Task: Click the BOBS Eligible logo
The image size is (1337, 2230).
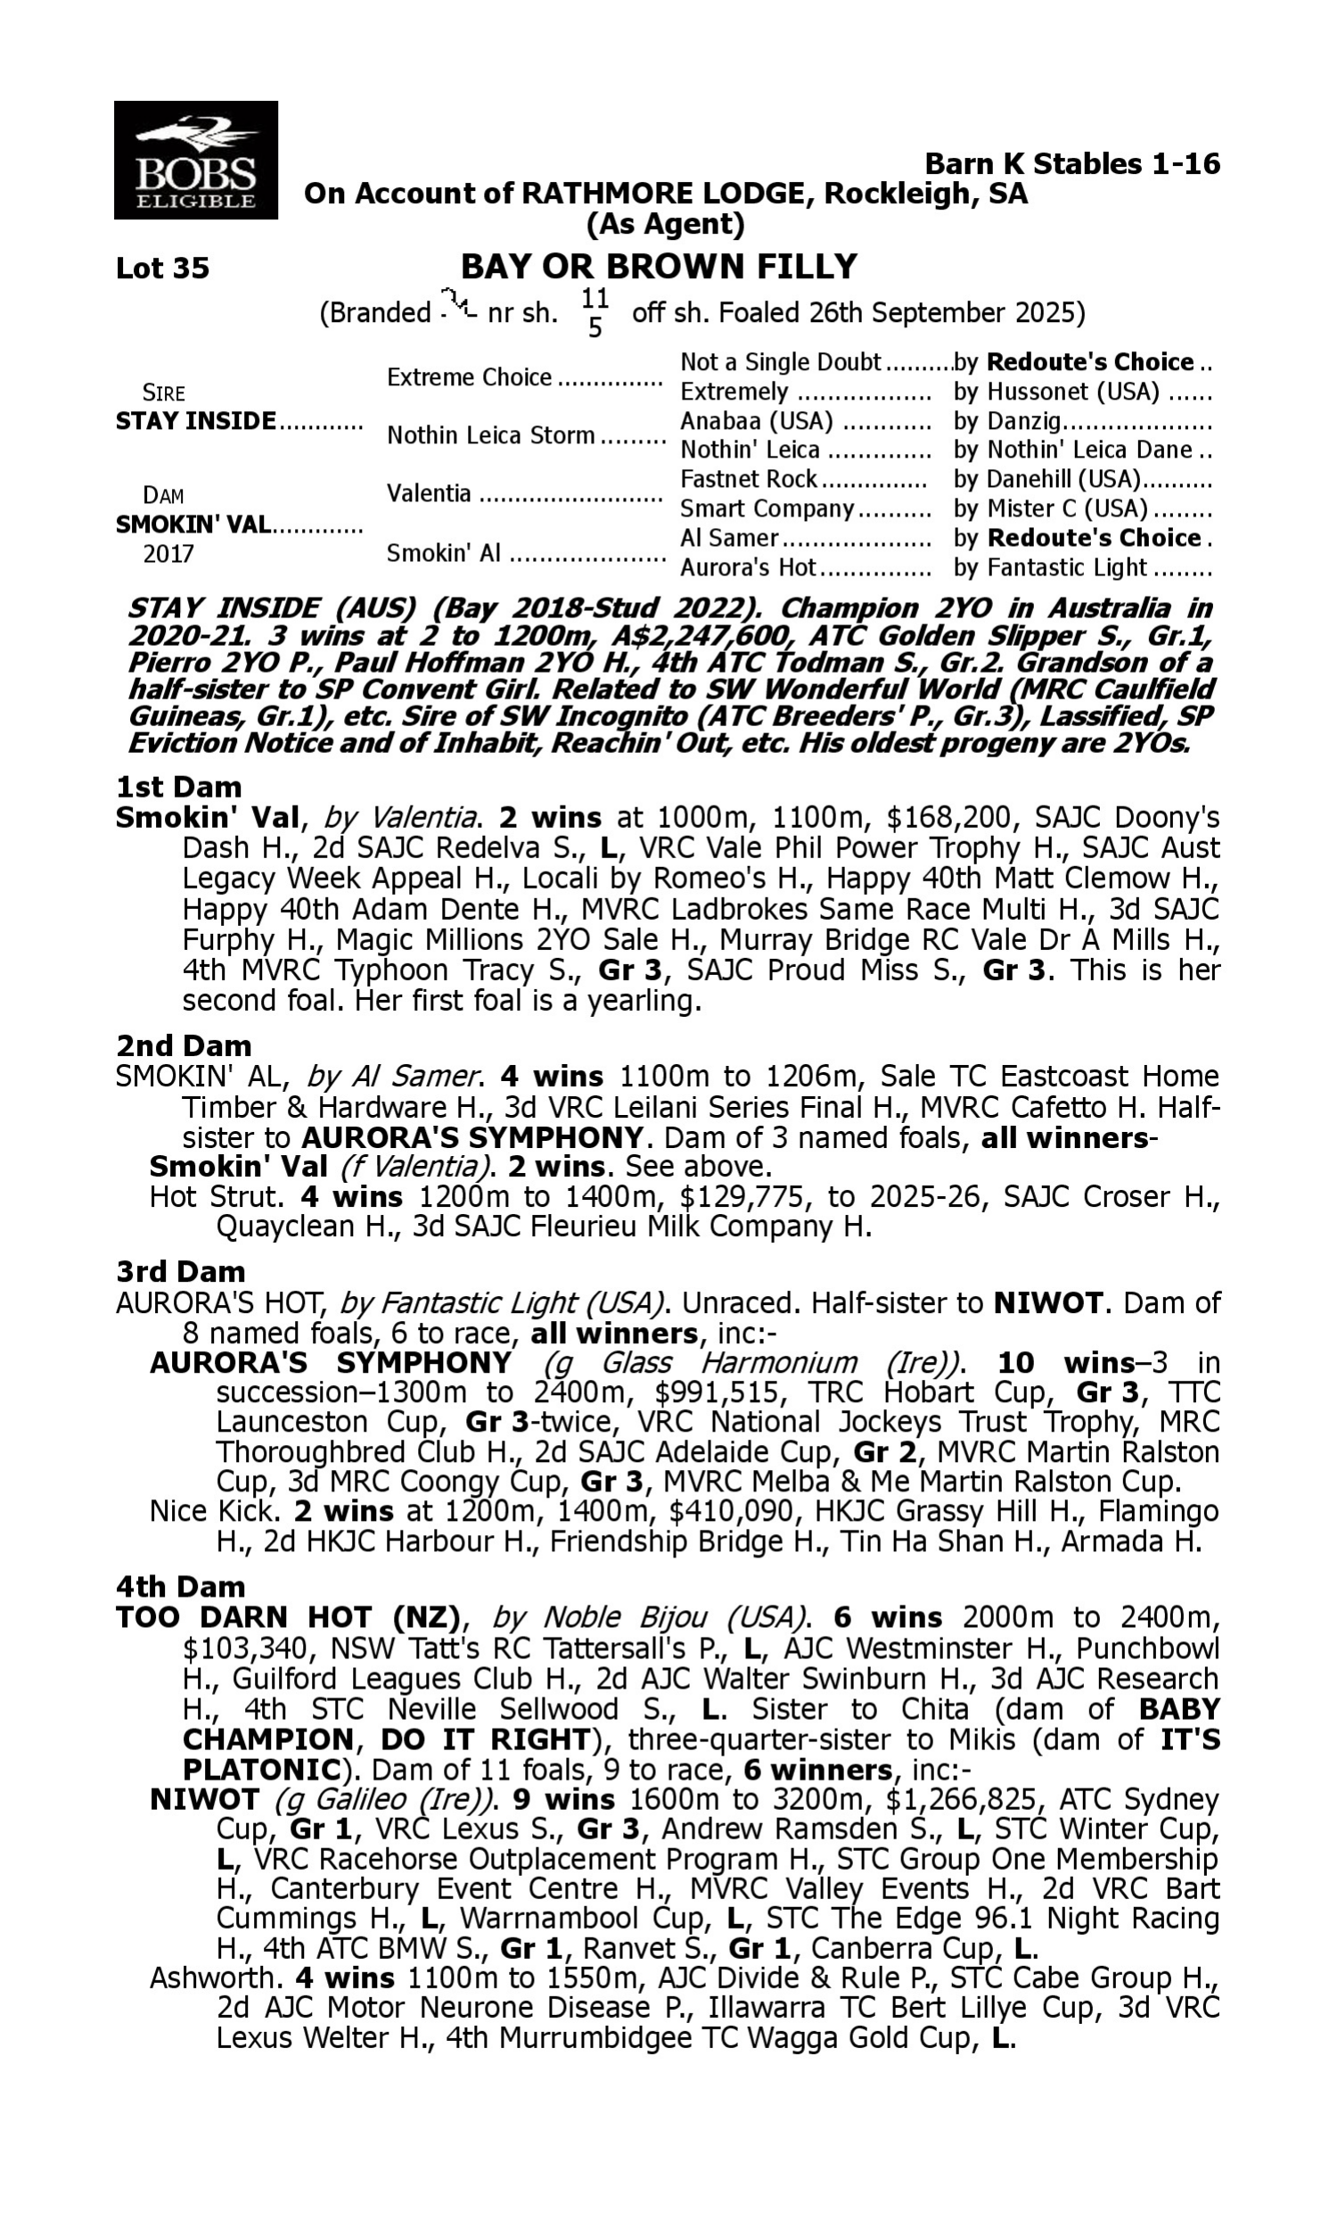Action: click(195, 160)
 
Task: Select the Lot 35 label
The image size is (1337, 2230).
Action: click(162, 268)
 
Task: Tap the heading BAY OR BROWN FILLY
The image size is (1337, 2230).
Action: click(659, 267)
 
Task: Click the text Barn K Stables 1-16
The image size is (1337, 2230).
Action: click(1072, 163)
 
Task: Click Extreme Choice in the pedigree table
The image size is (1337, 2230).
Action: click(469, 376)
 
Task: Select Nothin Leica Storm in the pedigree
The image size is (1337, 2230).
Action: click(490, 435)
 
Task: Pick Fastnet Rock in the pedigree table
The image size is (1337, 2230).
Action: click(748, 479)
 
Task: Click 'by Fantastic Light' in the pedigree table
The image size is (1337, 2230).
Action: click(1050, 567)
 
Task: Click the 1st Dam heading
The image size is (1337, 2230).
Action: click(178, 787)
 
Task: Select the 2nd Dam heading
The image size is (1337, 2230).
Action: click(183, 1045)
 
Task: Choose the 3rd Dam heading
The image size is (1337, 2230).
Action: click(180, 1272)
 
